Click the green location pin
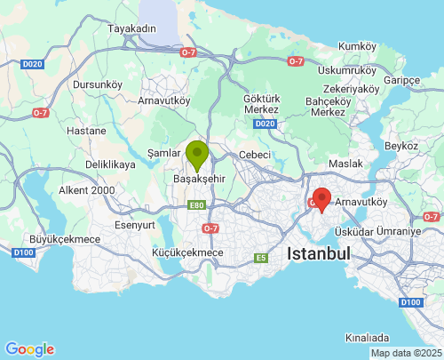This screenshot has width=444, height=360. click(x=196, y=154)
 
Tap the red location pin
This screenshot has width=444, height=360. click(x=321, y=199)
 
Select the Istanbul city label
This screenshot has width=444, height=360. click(x=318, y=253)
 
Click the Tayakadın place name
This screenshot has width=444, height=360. click(x=131, y=28)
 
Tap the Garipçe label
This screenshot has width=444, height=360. click(x=401, y=80)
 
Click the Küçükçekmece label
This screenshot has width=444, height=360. click(x=188, y=253)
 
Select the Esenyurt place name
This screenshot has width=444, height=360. click(x=135, y=225)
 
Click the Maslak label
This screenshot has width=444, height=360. click(x=345, y=164)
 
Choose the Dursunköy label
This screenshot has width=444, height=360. click(x=97, y=84)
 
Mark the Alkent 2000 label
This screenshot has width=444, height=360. click(x=87, y=190)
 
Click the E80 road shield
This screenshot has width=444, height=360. click(x=196, y=205)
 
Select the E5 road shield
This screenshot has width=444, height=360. click(x=261, y=259)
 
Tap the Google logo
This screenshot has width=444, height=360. click(x=29, y=349)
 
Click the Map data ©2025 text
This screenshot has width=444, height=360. click(x=405, y=354)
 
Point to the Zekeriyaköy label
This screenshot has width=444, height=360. click(x=351, y=89)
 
